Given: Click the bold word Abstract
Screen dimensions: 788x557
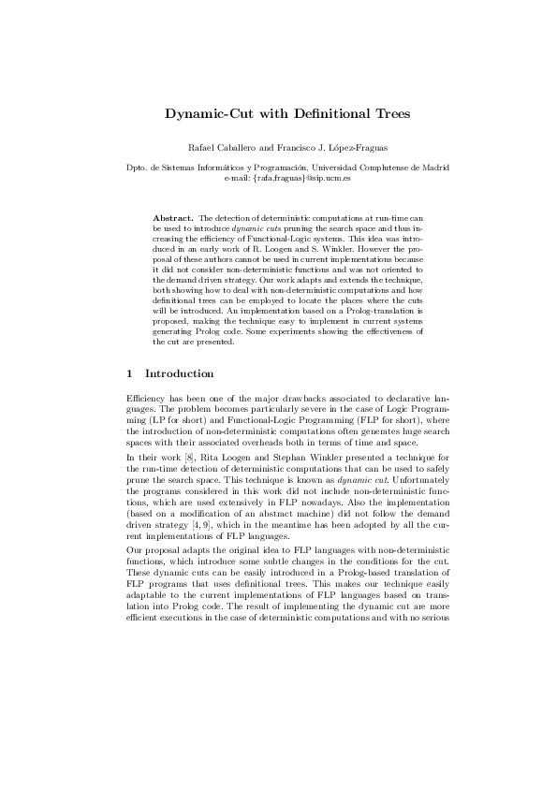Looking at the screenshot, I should point(173,216).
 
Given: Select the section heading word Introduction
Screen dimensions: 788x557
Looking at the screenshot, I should point(180,374).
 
